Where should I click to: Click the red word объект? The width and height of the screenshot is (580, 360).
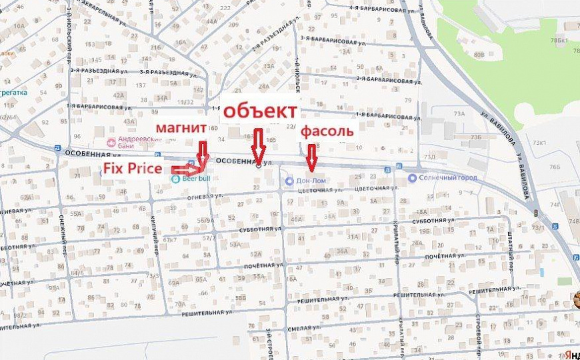click(x=261, y=111)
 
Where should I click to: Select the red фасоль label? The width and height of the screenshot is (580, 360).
click(x=326, y=131)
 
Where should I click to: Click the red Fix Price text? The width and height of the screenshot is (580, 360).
click(x=131, y=169)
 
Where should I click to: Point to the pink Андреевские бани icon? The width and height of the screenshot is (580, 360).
click(x=111, y=142)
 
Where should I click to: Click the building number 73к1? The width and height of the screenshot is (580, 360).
click(x=539, y=143)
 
